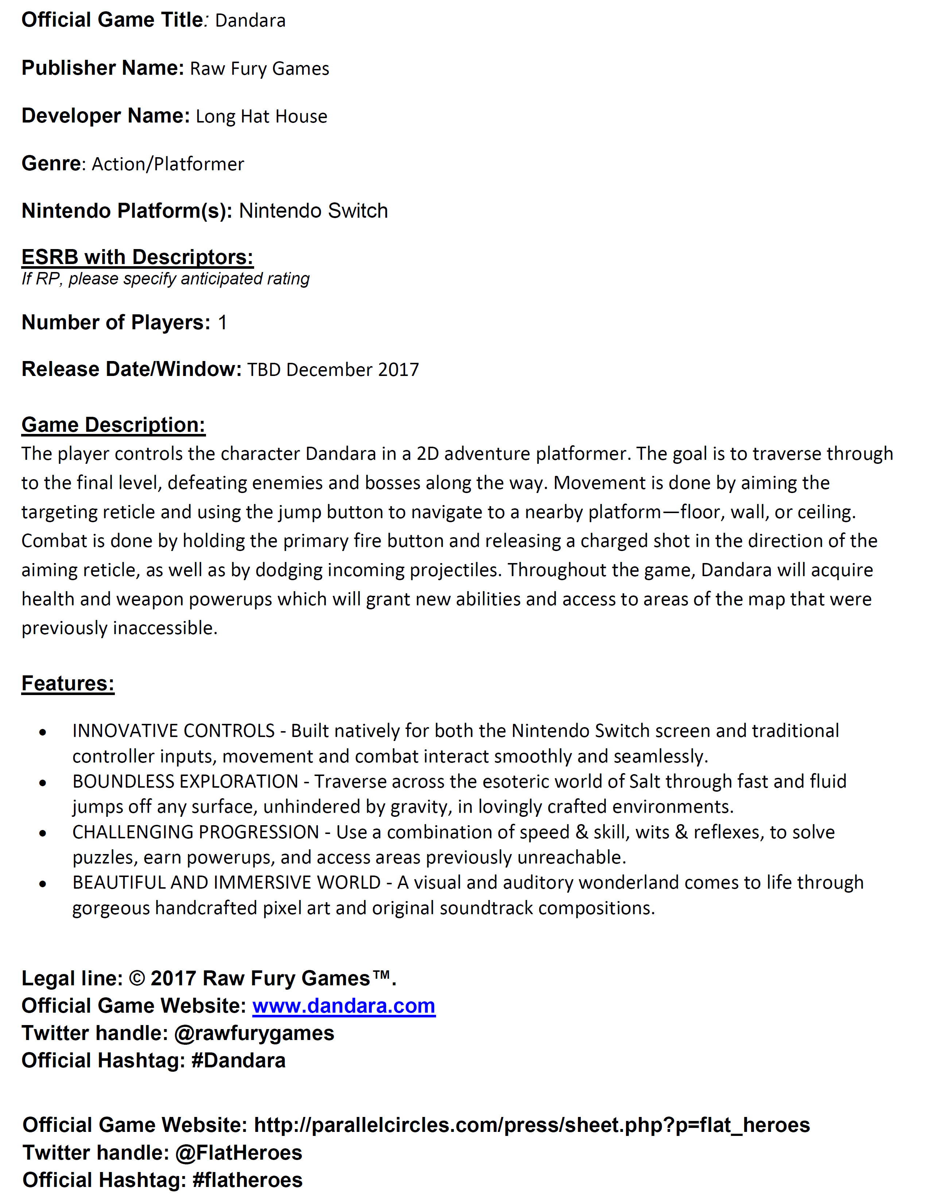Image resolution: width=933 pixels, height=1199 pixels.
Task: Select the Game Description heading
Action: [x=113, y=425]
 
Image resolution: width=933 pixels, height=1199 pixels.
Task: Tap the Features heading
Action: [x=67, y=683]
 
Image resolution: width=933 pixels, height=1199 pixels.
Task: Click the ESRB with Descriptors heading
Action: [x=137, y=257]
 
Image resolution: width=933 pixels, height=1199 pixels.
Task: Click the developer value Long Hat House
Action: [x=261, y=116]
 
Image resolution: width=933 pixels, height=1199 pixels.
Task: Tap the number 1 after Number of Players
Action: [x=222, y=322]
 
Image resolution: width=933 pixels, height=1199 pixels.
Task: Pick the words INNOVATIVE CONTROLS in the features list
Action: [x=174, y=731]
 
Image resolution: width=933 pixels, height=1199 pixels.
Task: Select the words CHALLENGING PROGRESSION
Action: [x=195, y=832]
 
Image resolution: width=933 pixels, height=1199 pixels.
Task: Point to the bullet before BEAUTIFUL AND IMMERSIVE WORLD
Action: [x=43, y=884]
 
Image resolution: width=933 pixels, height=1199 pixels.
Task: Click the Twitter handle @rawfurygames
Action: [x=254, y=1033]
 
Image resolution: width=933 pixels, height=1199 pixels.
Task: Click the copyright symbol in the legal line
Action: [x=137, y=979]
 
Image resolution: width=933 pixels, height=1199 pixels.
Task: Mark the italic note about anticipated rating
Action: [x=165, y=279]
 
